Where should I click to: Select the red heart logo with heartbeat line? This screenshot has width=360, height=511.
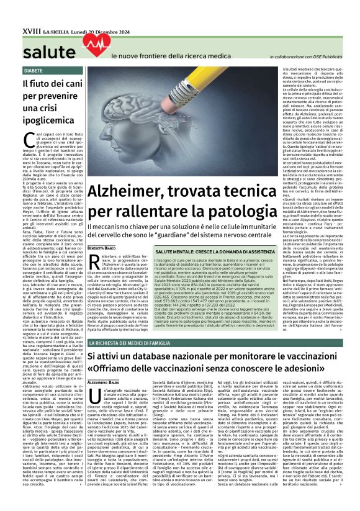pos(94,43)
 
